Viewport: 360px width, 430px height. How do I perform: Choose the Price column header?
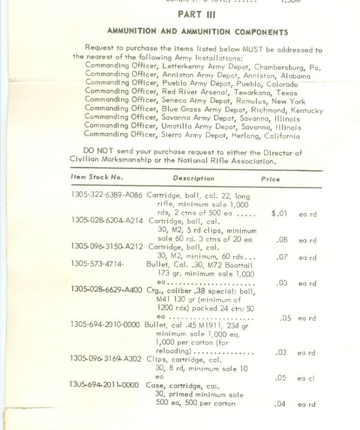click(x=270, y=179)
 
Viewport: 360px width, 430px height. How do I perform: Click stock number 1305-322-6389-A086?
click(x=106, y=195)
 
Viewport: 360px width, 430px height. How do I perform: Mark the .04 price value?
click(x=280, y=404)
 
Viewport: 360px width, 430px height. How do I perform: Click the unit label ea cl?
click(x=306, y=378)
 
